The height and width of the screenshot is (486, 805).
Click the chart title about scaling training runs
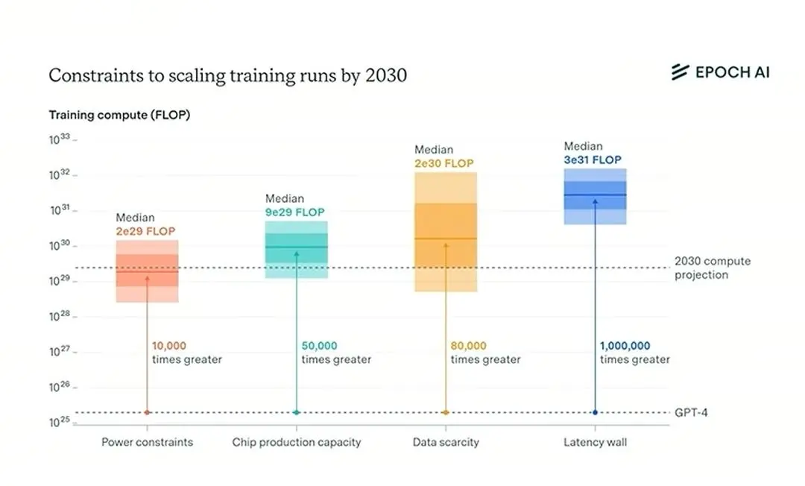(x=227, y=75)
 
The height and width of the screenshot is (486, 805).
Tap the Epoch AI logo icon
(x=681, y=72)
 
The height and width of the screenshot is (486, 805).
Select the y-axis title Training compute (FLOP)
(x=119, y=115)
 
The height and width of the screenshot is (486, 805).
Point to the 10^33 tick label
(x=60, y=139)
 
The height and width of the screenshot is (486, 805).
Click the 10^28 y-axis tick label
(x=60, y=316)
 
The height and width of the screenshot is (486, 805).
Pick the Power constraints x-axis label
(x=148, y=442)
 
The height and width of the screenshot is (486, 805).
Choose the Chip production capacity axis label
(x=296, y=442)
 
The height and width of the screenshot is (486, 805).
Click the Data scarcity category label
(x=446, y=442)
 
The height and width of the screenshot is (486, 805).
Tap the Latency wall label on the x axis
(x=595, y=442)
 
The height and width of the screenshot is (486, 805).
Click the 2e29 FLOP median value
(x=145, y=232)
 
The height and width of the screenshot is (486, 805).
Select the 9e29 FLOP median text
(x=294, y=212)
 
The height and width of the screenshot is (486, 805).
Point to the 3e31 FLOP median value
(x=593, y=160)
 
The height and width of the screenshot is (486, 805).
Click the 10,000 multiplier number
(x=169, y=346)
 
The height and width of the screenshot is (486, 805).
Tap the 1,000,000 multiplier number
(x=625, y=346)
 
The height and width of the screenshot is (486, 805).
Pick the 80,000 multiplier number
(x=468, y=346)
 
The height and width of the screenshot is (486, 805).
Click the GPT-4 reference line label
(x=691, y=413)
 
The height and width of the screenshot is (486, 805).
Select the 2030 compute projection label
(x=713, y=268)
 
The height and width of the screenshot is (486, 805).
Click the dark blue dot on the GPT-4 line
(x=595, y=413)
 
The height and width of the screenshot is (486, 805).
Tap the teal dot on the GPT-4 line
(x=296, y=413)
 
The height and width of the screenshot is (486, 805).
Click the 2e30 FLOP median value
(x=444, y=164)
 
